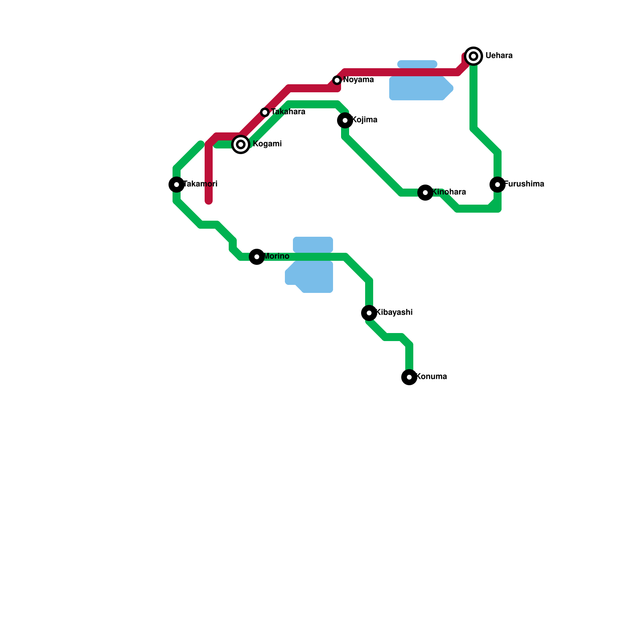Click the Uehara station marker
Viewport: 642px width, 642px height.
(473, 56)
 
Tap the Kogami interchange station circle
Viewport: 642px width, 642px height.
(241, 144)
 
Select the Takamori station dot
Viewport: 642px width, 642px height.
(177, 185)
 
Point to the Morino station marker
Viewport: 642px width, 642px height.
(257, 257)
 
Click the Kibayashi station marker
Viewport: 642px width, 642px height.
(369, 313)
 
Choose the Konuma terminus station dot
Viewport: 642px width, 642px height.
(409, 377)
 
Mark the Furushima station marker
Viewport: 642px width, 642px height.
(498, 185)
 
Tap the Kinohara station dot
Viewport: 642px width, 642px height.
(425, 193)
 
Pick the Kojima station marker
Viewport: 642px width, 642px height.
(345, 120)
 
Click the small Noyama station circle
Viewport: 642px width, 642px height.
(337, 80)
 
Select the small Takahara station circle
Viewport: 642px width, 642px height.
(265, 112)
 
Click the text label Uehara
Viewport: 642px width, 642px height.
(499, 56)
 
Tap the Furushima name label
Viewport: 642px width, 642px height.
(524, 184)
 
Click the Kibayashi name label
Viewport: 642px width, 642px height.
(394, 313)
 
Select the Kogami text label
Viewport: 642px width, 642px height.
(267, 144)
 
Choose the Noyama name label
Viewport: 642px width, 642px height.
(358, 80)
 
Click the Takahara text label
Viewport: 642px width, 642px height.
(288, 112)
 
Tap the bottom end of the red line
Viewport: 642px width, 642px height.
(209, 201)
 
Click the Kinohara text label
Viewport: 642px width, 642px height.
(449, 192)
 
